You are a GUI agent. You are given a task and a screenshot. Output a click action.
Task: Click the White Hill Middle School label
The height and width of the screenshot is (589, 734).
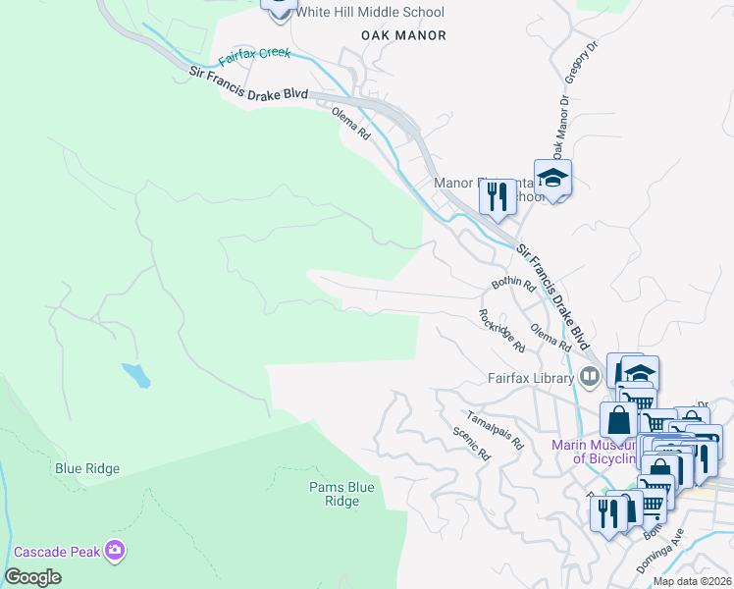point(369,13)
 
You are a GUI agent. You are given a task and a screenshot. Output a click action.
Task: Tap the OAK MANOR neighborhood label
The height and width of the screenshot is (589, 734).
point(403,35)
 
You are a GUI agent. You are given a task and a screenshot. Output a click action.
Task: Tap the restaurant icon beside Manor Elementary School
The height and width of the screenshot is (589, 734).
point(498,196)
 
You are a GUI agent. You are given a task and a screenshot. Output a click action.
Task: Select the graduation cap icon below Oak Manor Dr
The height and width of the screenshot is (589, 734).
point(552,179)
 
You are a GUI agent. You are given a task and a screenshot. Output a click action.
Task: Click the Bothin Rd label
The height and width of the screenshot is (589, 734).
point(512,286)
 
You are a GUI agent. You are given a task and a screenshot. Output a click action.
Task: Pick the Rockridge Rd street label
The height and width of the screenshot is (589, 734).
point(501,331)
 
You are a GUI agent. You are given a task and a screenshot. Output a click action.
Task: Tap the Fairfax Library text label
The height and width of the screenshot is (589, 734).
point(529,376)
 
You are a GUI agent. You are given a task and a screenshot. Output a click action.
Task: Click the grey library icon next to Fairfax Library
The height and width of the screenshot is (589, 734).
point(589,374)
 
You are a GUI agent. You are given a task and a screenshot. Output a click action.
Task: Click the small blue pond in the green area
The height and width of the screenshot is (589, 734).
point(136,374)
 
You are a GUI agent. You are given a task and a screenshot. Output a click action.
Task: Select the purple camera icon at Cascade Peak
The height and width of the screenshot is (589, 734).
point(117,551)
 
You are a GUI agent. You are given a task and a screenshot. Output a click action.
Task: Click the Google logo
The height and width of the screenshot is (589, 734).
point(32,577)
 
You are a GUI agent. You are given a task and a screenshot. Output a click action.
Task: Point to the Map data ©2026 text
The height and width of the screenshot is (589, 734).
point(692,581)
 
